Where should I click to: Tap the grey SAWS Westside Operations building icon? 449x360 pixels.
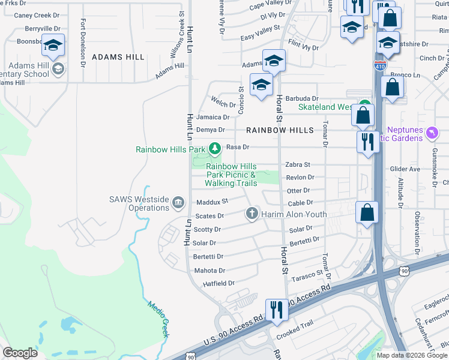click(x=178, y=203)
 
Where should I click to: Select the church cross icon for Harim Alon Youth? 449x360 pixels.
click(x=252, y=214)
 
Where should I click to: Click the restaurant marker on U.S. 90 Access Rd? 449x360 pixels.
click(x=276, y=309)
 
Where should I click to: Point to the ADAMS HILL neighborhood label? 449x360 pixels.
click(x=118, y=57)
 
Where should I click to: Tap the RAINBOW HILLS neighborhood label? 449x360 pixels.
click(x=280, y=130)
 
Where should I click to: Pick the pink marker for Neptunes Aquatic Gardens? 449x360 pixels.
click(x=430, y=131)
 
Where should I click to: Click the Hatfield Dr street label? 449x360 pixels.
click(x=218, y=283)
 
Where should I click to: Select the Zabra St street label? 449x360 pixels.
click(x=297, y=164)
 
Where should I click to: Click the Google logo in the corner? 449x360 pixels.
click(x=20, y=353)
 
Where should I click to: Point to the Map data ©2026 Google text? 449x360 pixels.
click(x=411, y=355)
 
